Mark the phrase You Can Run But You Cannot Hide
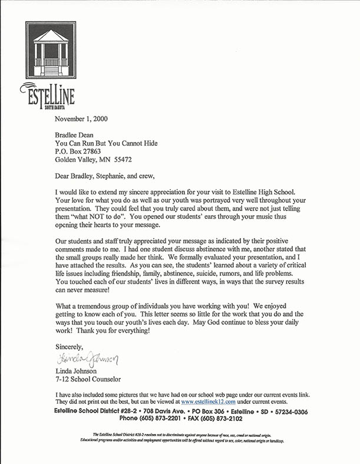[106, 143]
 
